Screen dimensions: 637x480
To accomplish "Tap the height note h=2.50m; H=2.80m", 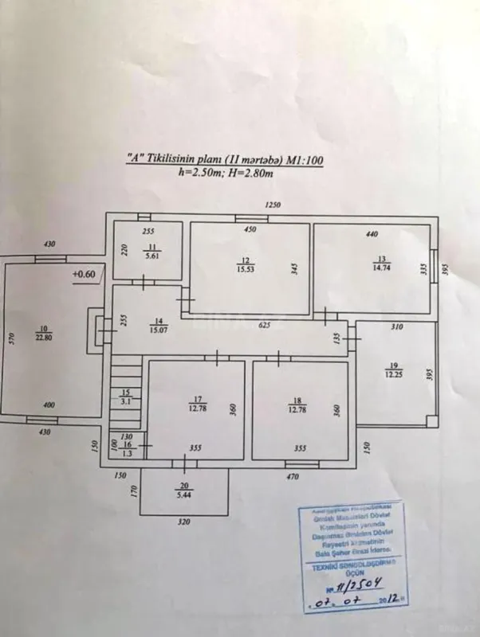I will click(226, 171).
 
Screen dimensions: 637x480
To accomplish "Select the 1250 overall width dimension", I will click(274, 205).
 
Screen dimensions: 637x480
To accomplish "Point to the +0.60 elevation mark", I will click(83, 275).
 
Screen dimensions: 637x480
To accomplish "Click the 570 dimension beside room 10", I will click(12, 338).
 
